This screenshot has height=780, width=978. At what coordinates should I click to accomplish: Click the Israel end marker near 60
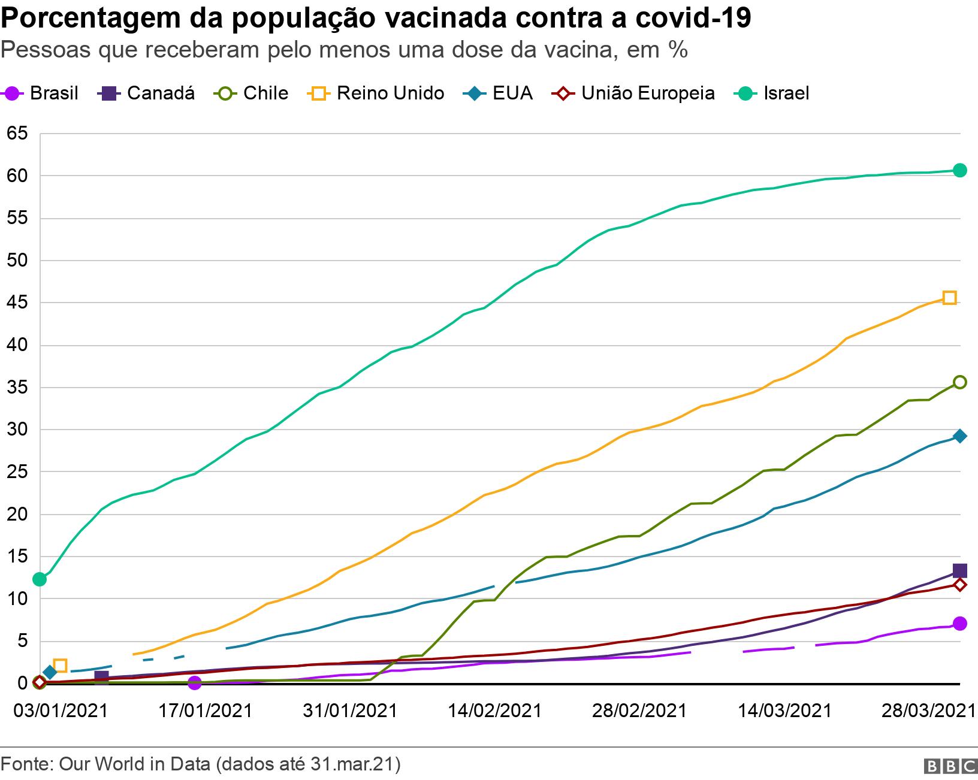click(959, 170)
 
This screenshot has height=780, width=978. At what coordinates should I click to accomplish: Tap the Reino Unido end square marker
click(949, 298)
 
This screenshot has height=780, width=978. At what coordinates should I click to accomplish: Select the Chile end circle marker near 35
click(959, 382)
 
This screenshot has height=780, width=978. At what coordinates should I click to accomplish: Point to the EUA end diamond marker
click(959, 436)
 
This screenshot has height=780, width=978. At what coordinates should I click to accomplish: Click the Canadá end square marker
click(959, 570)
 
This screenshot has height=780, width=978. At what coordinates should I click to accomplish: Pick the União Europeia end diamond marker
click(959, 585)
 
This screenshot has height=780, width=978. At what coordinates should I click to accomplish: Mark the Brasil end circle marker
click(959, 623)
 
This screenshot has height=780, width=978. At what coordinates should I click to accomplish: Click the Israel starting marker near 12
click(40, 579)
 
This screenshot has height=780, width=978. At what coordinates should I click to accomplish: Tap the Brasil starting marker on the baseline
click(195, 682)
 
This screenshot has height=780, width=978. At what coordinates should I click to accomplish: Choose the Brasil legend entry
click(40, 93)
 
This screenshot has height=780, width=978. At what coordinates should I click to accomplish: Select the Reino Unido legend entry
click(375, 93)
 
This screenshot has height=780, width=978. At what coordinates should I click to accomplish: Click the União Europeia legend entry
click(633, 93)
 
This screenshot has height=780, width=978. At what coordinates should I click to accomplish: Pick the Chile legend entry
click(251, 93)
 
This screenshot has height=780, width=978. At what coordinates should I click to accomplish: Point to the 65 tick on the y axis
click(17, 134)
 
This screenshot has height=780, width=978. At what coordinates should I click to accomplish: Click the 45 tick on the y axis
click(17, 303)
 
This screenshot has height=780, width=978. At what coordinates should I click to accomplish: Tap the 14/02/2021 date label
click(495, 711)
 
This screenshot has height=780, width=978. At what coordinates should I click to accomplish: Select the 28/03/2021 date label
click(929, 711)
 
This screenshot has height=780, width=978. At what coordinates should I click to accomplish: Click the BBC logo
click(950, 766)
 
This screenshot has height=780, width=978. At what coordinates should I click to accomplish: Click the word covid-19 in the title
click(693, 18)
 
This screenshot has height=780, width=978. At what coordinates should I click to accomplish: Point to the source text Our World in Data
click(134, 764)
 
